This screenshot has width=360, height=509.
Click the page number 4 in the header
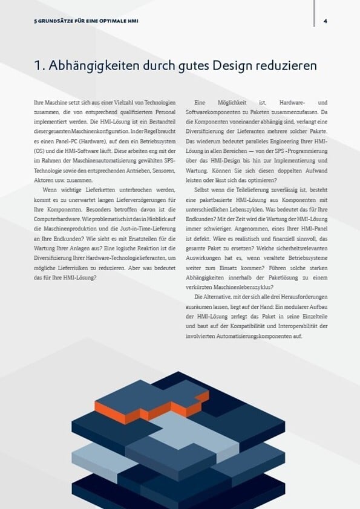click(x=326, y=21)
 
